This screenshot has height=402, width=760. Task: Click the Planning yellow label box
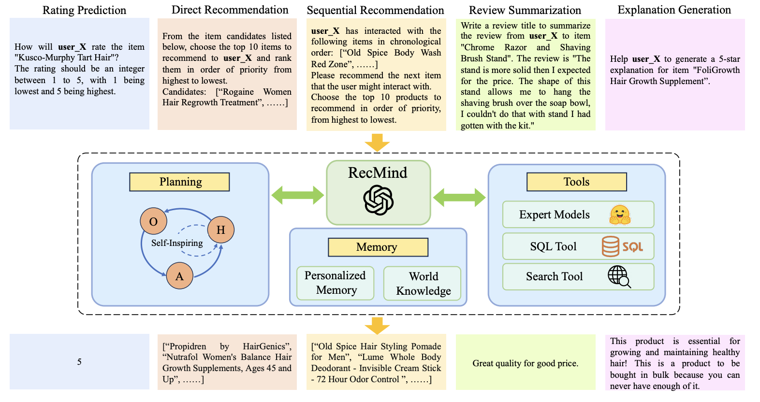pyautogui.click(x=179, y=182)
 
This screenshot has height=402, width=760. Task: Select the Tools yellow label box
pyautogui.click(x=576, y=182)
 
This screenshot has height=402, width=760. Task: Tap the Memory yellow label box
pyautogui.click(x=378, y=247)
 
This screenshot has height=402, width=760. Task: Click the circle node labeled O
pyautogui.click(x=153, y=221)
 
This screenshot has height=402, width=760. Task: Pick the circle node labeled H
pyautogui.click(x=220, y=230)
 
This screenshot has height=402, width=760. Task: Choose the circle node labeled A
pyautogui.click(x=179, y=276)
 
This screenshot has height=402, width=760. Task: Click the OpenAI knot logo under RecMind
pyautogui.click(x=378, y=200)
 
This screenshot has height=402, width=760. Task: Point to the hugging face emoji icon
pyautogui.click(x=619, y=215)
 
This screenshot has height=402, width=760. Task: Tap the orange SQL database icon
pyautogui.click(x=610, y=246)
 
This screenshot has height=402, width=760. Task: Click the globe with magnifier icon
pyautogui.click(x=619, y=276)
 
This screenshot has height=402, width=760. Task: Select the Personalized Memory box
pyautogui.click(x=336, y=283)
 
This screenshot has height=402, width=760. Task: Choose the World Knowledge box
pyautogui.click(x=423, y=283)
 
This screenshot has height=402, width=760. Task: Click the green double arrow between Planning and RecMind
pyautogui.click(x=297, y=195)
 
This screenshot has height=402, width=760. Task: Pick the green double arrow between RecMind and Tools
pyautogui.click(x=459, y=197)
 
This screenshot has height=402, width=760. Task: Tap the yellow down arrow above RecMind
pyautogui.click(x=377, y=143)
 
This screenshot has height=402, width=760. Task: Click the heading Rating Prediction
pyautogui.click(x=84, y=10)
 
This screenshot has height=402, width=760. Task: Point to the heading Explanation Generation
pyautogui.click(x=674, y=10)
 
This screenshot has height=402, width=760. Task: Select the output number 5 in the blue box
pyautogui.click(x=79, y=362)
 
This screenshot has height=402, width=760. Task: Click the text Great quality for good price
pyautogui.click(x=525, y=363)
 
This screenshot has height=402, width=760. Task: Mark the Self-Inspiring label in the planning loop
pyautogui.click(x=177, y=243)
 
